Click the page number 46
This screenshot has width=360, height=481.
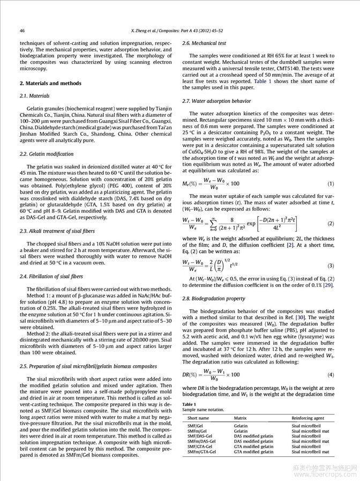(x=22, y=30)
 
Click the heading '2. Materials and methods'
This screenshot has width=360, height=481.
(x=50, y=83)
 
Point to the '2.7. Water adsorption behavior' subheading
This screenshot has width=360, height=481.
(x=216, y=101)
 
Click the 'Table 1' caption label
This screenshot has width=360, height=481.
(x=189, y=404)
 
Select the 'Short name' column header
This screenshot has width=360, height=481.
(x=198, y=417)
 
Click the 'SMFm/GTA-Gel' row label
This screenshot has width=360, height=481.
(x=201, y=452)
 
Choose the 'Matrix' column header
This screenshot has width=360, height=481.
(x=240, y=417)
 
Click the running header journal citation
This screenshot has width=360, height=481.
(x=180, y=30)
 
